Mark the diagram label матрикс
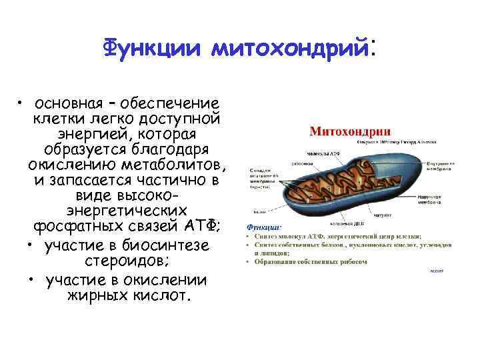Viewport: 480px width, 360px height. tap(382, 215)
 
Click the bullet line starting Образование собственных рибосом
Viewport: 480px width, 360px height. tap(311, 262)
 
